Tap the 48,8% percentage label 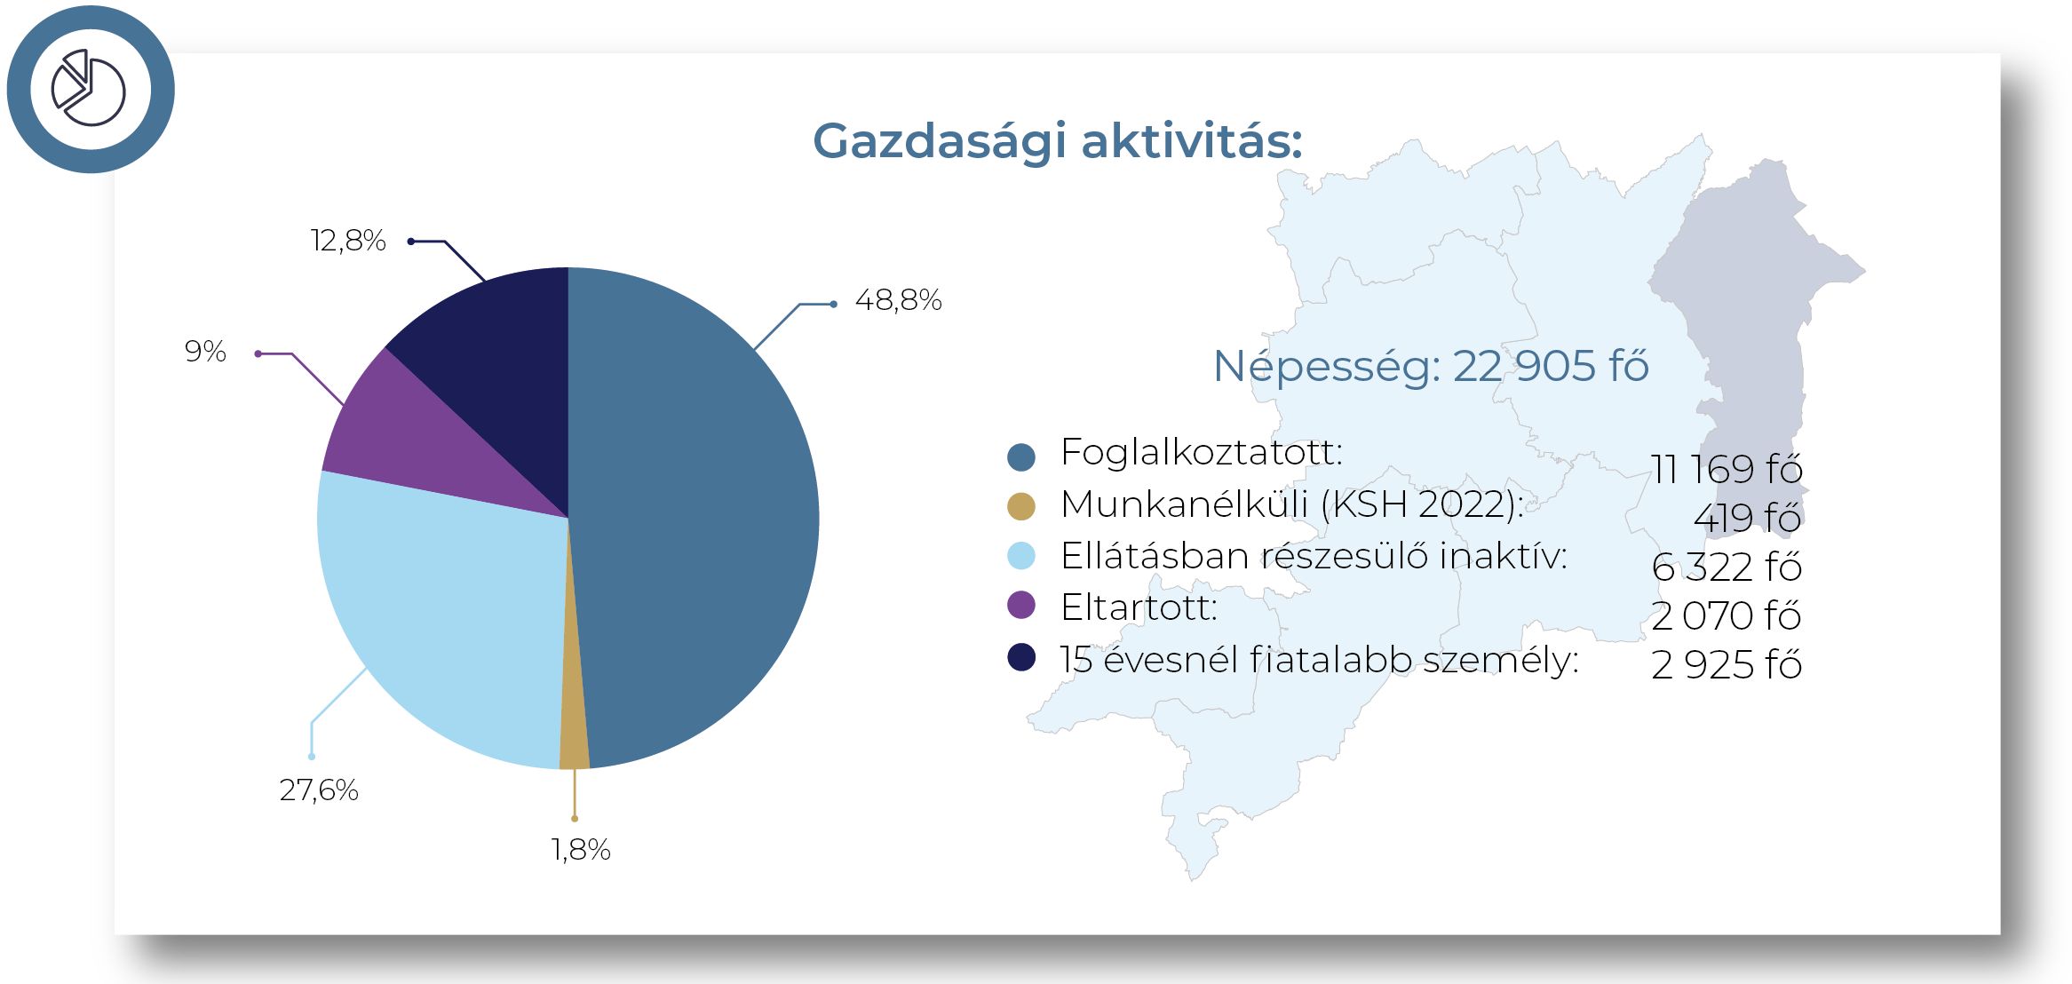point(898,300)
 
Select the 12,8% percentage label point(348,241)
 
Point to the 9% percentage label point(205,351)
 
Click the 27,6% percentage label point(319,790)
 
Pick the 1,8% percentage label point(581,850)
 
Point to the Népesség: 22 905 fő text point(1431,366)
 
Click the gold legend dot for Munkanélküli point(1021,506)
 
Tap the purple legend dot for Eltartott point(1021,605)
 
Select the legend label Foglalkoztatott point(1202,452)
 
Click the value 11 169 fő point(1727,469)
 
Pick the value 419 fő point(1747,518)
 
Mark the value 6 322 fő point(1727,567)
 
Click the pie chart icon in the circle point(89,88)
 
